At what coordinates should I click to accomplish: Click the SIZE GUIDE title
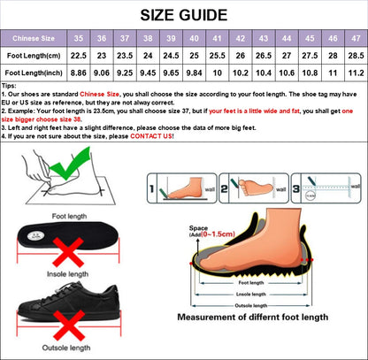click(183, 13)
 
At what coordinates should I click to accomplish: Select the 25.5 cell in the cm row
click(217, 56)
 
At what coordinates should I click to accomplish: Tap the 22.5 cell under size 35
click(79, 56)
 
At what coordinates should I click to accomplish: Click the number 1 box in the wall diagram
click(153, 187)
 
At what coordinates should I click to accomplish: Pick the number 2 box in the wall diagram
click(224, 187)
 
